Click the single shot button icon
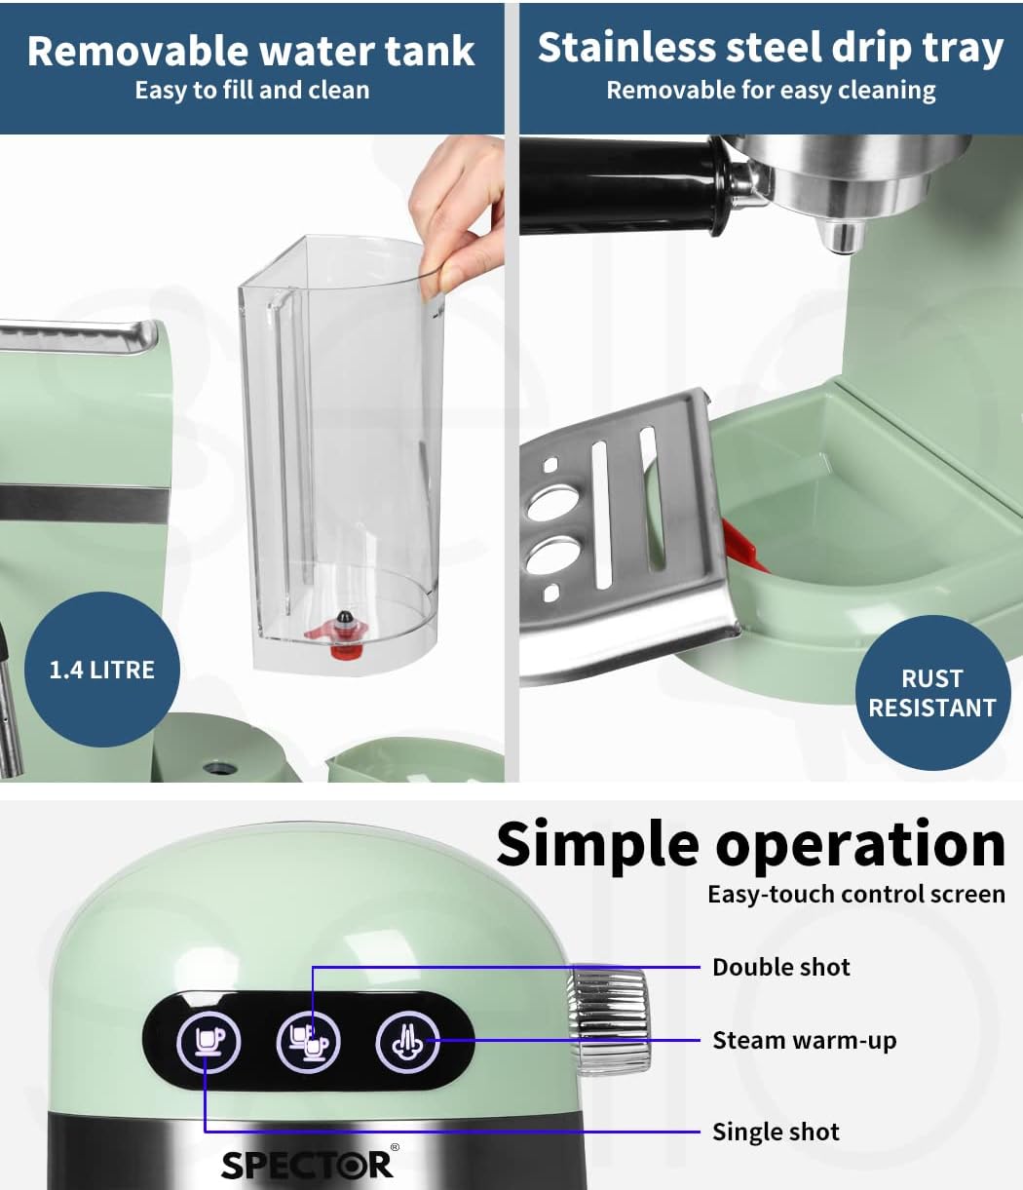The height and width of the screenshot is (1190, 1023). tap(208, 1042)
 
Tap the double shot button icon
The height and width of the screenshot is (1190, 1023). tap(309, 1042)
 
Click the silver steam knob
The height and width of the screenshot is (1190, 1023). tap(609, 1022)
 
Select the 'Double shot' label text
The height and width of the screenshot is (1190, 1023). tap(781, 967)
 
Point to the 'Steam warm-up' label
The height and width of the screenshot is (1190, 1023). tap(805, 1040)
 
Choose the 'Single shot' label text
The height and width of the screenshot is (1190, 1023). tap(777, 1132)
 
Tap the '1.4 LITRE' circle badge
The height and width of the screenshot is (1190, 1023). tap(102, 670)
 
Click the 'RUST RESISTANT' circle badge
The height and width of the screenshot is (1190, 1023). tap(932, 693)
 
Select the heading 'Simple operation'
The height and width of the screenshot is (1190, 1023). tap(751, 845)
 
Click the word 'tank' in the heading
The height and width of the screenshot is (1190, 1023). tap(430, 52)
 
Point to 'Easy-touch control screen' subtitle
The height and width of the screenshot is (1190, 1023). tap(856, 895)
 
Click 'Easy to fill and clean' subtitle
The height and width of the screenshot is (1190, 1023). tap(252, 91)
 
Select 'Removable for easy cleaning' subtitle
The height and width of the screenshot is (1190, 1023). tap(771, 91)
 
